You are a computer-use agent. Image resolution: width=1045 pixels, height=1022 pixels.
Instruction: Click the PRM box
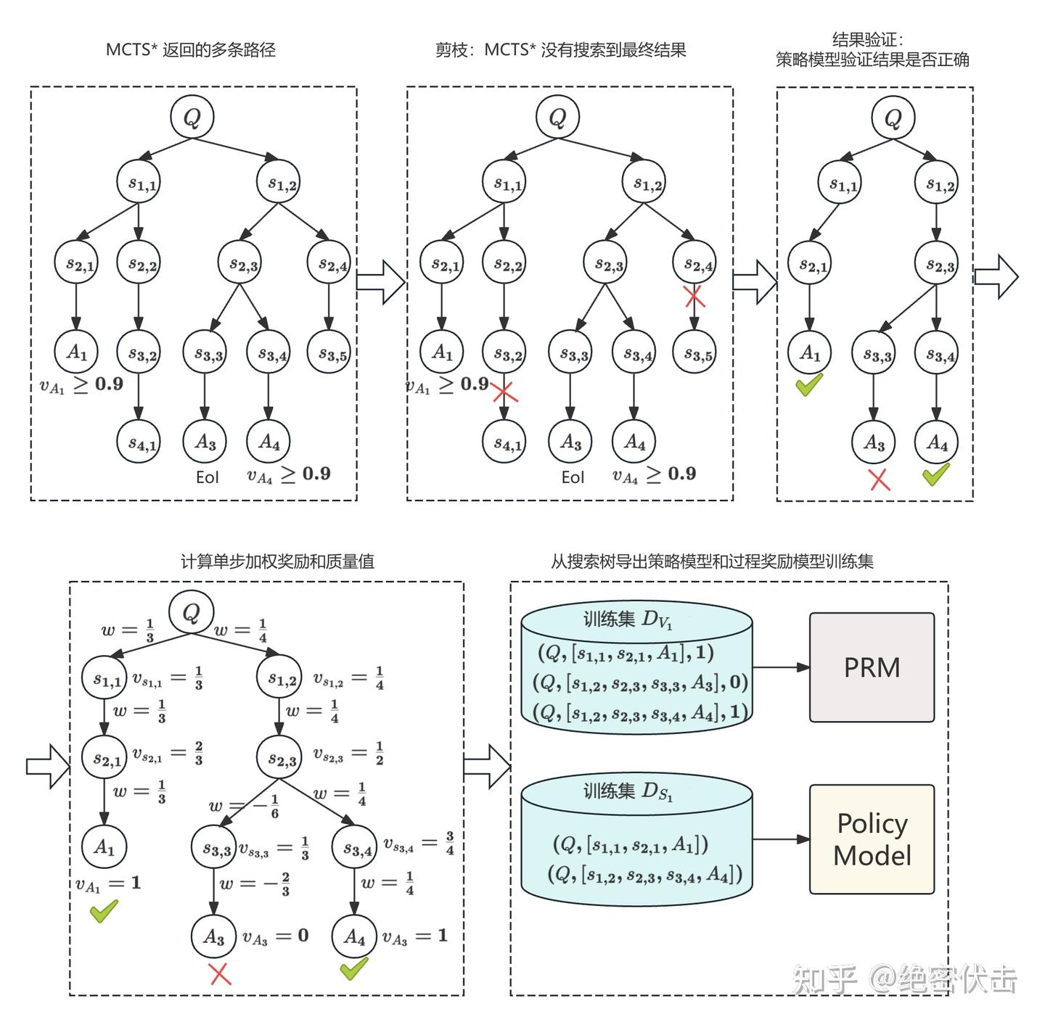point(872,667)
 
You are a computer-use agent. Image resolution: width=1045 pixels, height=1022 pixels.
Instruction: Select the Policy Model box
point(872,839)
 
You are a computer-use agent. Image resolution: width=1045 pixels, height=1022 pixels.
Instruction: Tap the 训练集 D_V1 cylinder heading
point(628,619)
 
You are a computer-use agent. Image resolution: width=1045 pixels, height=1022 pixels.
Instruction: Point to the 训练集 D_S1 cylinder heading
point(628,791)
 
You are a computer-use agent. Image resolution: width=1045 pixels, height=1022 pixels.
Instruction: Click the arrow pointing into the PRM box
point(782,667)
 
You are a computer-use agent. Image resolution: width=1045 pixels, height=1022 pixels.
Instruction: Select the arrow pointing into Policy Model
point(782,839)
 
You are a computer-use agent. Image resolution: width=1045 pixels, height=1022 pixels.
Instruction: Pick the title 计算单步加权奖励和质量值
point(277,561)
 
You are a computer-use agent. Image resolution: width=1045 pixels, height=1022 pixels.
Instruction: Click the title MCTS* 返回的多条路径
point(191,50)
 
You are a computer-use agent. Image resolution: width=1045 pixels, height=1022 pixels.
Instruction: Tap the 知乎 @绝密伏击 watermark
point(904,979)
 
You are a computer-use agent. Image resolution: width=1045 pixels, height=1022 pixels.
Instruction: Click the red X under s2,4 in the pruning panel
point(694,296)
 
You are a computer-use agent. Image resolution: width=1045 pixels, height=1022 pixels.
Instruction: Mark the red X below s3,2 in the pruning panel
point(505,392)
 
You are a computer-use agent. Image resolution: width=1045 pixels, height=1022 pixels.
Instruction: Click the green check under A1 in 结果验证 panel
point(809,384)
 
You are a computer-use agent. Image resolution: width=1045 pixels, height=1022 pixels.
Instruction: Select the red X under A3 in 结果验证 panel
point(880,479)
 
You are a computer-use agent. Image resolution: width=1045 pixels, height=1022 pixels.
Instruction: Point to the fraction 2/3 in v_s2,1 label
point(198,754)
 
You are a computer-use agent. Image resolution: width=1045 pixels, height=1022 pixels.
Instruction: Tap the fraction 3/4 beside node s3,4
point(450,843)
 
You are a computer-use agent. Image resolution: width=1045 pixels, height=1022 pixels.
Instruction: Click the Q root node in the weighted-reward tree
point(192,612)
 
